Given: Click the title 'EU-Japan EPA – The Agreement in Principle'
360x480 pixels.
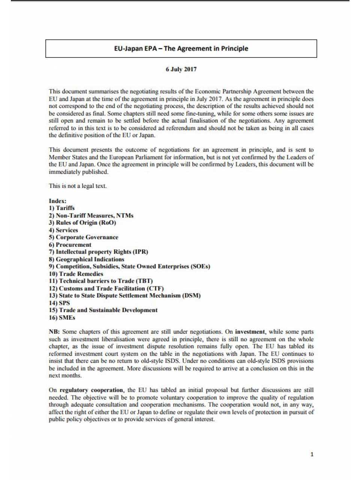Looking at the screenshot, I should [181, 48].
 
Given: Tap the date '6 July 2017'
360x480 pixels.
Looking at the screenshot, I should [181, 69].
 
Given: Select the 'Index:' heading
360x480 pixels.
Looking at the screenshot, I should [57, 201].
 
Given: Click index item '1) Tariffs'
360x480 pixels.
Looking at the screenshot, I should [61, 208].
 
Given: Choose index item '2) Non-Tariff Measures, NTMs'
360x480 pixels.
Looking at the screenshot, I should [91, 216].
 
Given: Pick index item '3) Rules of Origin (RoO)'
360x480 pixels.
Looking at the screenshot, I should [82, 223].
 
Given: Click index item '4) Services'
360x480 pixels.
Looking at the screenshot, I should [63, 230].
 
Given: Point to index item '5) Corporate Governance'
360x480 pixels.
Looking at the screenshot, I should [83, 237].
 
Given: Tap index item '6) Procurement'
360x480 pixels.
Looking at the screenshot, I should [70, 245].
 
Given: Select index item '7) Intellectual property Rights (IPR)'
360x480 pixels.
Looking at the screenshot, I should [98, 252].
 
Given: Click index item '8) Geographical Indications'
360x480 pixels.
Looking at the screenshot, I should [86, 259].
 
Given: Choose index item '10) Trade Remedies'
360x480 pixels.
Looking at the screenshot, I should [76, 274].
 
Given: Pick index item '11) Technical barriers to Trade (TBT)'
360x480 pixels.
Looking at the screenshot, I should [100, 281].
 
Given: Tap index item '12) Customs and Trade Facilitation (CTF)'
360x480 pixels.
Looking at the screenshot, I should [106, 288].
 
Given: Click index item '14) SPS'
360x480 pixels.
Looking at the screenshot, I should [59, 303].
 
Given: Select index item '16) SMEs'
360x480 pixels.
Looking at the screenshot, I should [62, 318].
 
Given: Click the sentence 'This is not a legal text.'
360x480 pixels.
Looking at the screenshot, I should [78, 186].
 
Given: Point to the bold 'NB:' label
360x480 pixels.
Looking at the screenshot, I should [54, 332].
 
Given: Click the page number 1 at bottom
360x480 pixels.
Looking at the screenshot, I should [312, 454].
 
